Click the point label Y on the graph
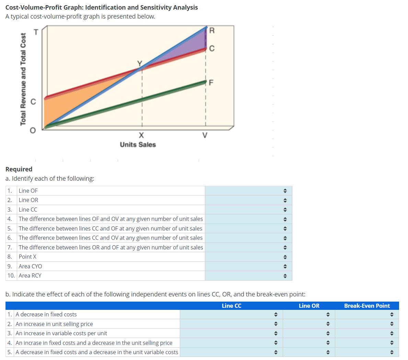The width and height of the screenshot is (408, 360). (x=140, y=63)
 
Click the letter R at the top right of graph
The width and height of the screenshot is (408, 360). (x=212, y=31)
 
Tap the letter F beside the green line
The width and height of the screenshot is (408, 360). (x=211, y=82)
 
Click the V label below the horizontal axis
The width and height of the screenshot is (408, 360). (x=205, y=135)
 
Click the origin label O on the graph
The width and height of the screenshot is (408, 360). (x=33, y=130)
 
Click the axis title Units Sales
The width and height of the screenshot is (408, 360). (x=138, y=145)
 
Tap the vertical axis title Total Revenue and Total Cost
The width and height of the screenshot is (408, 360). (x=23, y=79)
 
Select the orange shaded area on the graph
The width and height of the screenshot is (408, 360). (x=69, y=106)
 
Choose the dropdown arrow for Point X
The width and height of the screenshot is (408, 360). (x=284, y=257)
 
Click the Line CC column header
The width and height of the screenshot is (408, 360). (x=231, y=306)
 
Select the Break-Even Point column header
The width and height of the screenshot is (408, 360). (x=367, y=306)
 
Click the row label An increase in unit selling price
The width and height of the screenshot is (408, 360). (x=54, y=324)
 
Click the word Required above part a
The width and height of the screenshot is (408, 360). (x=19, y=169)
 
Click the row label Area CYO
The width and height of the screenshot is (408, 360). (x=30, y=266)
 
